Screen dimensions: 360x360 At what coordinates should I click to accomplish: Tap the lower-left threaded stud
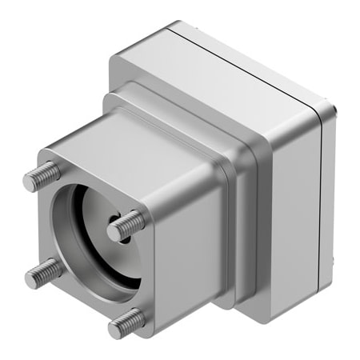(x=44, y=273)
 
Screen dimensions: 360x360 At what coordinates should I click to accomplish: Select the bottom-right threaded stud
(x=128, y=322)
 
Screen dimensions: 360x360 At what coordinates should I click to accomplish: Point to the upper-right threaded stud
(x=127, y=225)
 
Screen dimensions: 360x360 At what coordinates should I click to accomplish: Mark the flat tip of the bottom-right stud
(x=117, y=326)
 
